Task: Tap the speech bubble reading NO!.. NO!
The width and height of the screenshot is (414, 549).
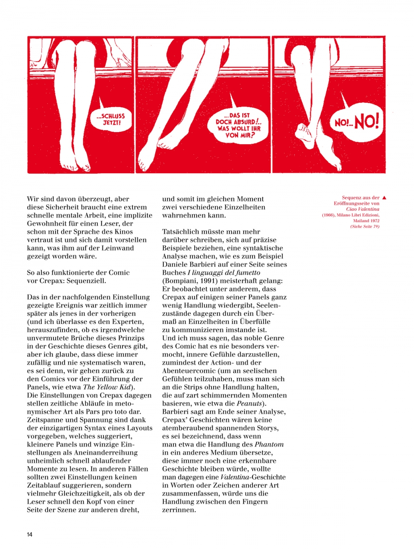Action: (x=356, y=122)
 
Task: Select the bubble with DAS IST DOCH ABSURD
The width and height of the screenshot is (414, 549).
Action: (x=239, y=125)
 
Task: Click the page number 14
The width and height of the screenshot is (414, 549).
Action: (x=29, y=534)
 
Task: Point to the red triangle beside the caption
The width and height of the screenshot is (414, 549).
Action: (x=384, y=198)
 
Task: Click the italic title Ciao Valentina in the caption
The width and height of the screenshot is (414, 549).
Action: (x=363, y=209)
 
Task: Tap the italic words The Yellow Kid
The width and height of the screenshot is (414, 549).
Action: (x=107, y=387)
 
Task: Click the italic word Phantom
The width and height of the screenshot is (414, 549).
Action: (x=269, y=444)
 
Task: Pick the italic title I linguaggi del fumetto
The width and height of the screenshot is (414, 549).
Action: (x=224, y=272)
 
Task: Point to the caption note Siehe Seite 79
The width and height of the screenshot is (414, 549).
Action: (x=365, y=226)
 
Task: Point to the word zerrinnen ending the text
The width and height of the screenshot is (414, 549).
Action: (x=178, y=510)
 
